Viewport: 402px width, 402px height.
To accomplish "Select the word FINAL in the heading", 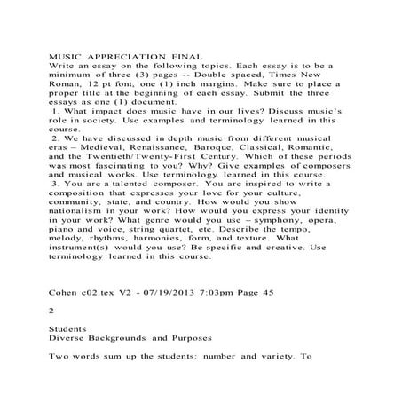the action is coord(177,56).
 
